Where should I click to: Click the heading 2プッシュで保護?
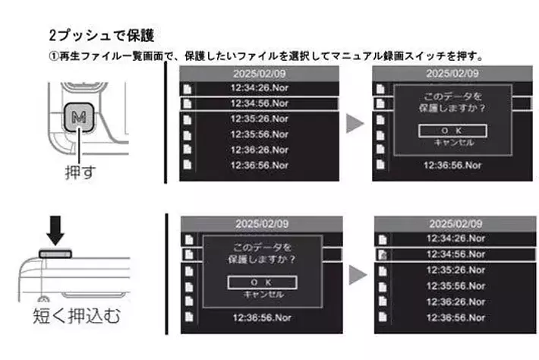pyautogui.click(x=102, y=36)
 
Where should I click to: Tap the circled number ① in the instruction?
pyautogui.click(x=54, y=56)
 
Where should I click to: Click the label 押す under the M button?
pyautogui.click(x=80, y=172)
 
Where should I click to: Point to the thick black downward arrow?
pyautogui.click(x=55, y=230)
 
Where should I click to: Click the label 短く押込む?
pyautogui.click(x=77, y=316)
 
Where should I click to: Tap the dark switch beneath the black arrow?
pyautogui.click(x=55, y=254)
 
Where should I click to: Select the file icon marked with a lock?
pyautogui.click(x=383, y=254)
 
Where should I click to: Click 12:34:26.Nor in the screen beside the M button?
pyautogui.click(x=260, y=88)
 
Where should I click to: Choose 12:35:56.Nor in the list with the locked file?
pyautogui.click(x=455, y=286)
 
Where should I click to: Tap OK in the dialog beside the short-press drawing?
pyautogui.click(x=262, y=283)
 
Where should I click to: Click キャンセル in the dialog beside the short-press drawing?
pyautogui.click(x=263, y=295)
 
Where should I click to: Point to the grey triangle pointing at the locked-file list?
pyautogui.click(x=358, y=275)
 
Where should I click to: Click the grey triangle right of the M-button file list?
pyautogui.click(x=355, y=124)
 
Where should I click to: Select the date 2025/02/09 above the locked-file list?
pyautogui.click(x=455, y=224)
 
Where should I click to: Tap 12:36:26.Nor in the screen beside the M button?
pyautogui.click(x=260, y=150)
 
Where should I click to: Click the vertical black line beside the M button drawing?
pyautogui.click(x=165, y=122)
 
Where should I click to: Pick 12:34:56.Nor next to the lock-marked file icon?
pyautogui.click(x=455, y=254)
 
